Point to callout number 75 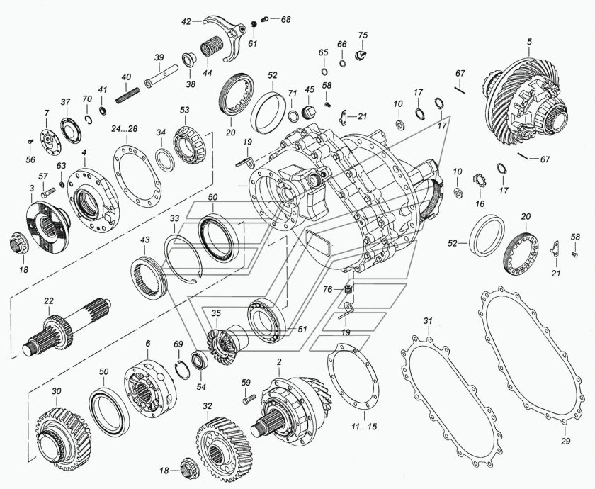click(x=363, y=35)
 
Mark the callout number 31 click(x=427, y=322)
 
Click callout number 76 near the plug click(x=328, y=289)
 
